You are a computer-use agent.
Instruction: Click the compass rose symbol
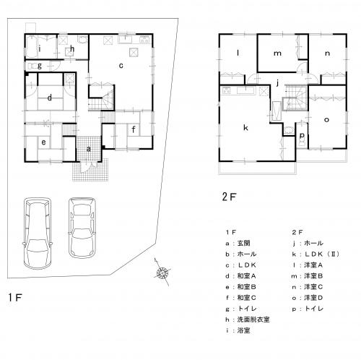click(x=162, y=273)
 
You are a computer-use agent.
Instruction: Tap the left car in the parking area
click(x=38, y=233)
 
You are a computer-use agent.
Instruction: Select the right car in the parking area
click(x=82, y=228)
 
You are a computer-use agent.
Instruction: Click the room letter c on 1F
click(x=121, y=66)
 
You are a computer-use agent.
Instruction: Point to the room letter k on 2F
click(x=245, y=127)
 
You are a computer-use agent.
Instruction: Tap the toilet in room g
click(x=33, y=66)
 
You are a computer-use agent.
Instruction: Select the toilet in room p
click(x=302, y=143)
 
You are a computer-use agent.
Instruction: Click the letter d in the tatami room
click(x=50, y=98)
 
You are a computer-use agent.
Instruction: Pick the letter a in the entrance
click(x=89, y=149)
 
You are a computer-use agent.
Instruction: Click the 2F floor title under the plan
click(x=229, y=197)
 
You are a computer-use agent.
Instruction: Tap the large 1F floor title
click(x=15, y=297)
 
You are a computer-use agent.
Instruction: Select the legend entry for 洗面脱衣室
click(x=248, y=320)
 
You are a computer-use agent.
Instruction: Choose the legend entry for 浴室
click(x=238, y=330)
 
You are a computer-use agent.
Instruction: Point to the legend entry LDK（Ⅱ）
click(x=316, y=254)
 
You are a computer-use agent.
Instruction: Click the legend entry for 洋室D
click(x=308, y=298)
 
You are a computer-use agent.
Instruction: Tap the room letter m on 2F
click(x=277, y=53)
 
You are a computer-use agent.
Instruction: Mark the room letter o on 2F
click(x=326, y=120)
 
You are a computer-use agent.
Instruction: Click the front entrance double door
click(x=89, y=166)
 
